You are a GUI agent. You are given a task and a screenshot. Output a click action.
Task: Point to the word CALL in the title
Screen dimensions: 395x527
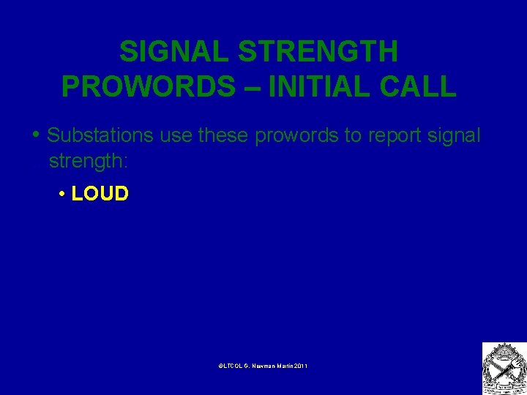coord(421,86)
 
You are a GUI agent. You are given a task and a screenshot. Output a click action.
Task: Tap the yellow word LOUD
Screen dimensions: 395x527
coord(100,194)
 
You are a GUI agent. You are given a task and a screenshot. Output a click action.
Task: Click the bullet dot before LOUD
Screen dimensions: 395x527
coord(64,195)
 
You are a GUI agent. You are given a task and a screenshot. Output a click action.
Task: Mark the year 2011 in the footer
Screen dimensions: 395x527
coord(301,365)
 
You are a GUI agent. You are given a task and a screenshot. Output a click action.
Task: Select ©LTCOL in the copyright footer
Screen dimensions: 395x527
coord(231,365)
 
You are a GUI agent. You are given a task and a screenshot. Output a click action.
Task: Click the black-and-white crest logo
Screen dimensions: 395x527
coord(504,368)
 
